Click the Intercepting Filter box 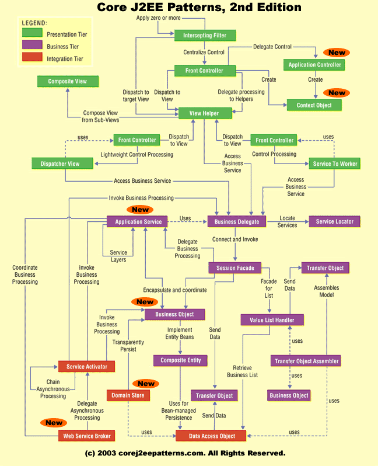pos(205,36)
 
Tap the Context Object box pos(314,105)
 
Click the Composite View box pos(68,81)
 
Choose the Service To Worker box pos(334,164)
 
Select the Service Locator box pos(335,221)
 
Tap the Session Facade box pos(235,268)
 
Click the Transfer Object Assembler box pos(306,361)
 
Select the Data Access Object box pos(211,436)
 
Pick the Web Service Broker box pos(86,436)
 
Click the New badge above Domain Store pos(146,384)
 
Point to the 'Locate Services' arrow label pos(287,222)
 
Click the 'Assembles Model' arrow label pos(326,291)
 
